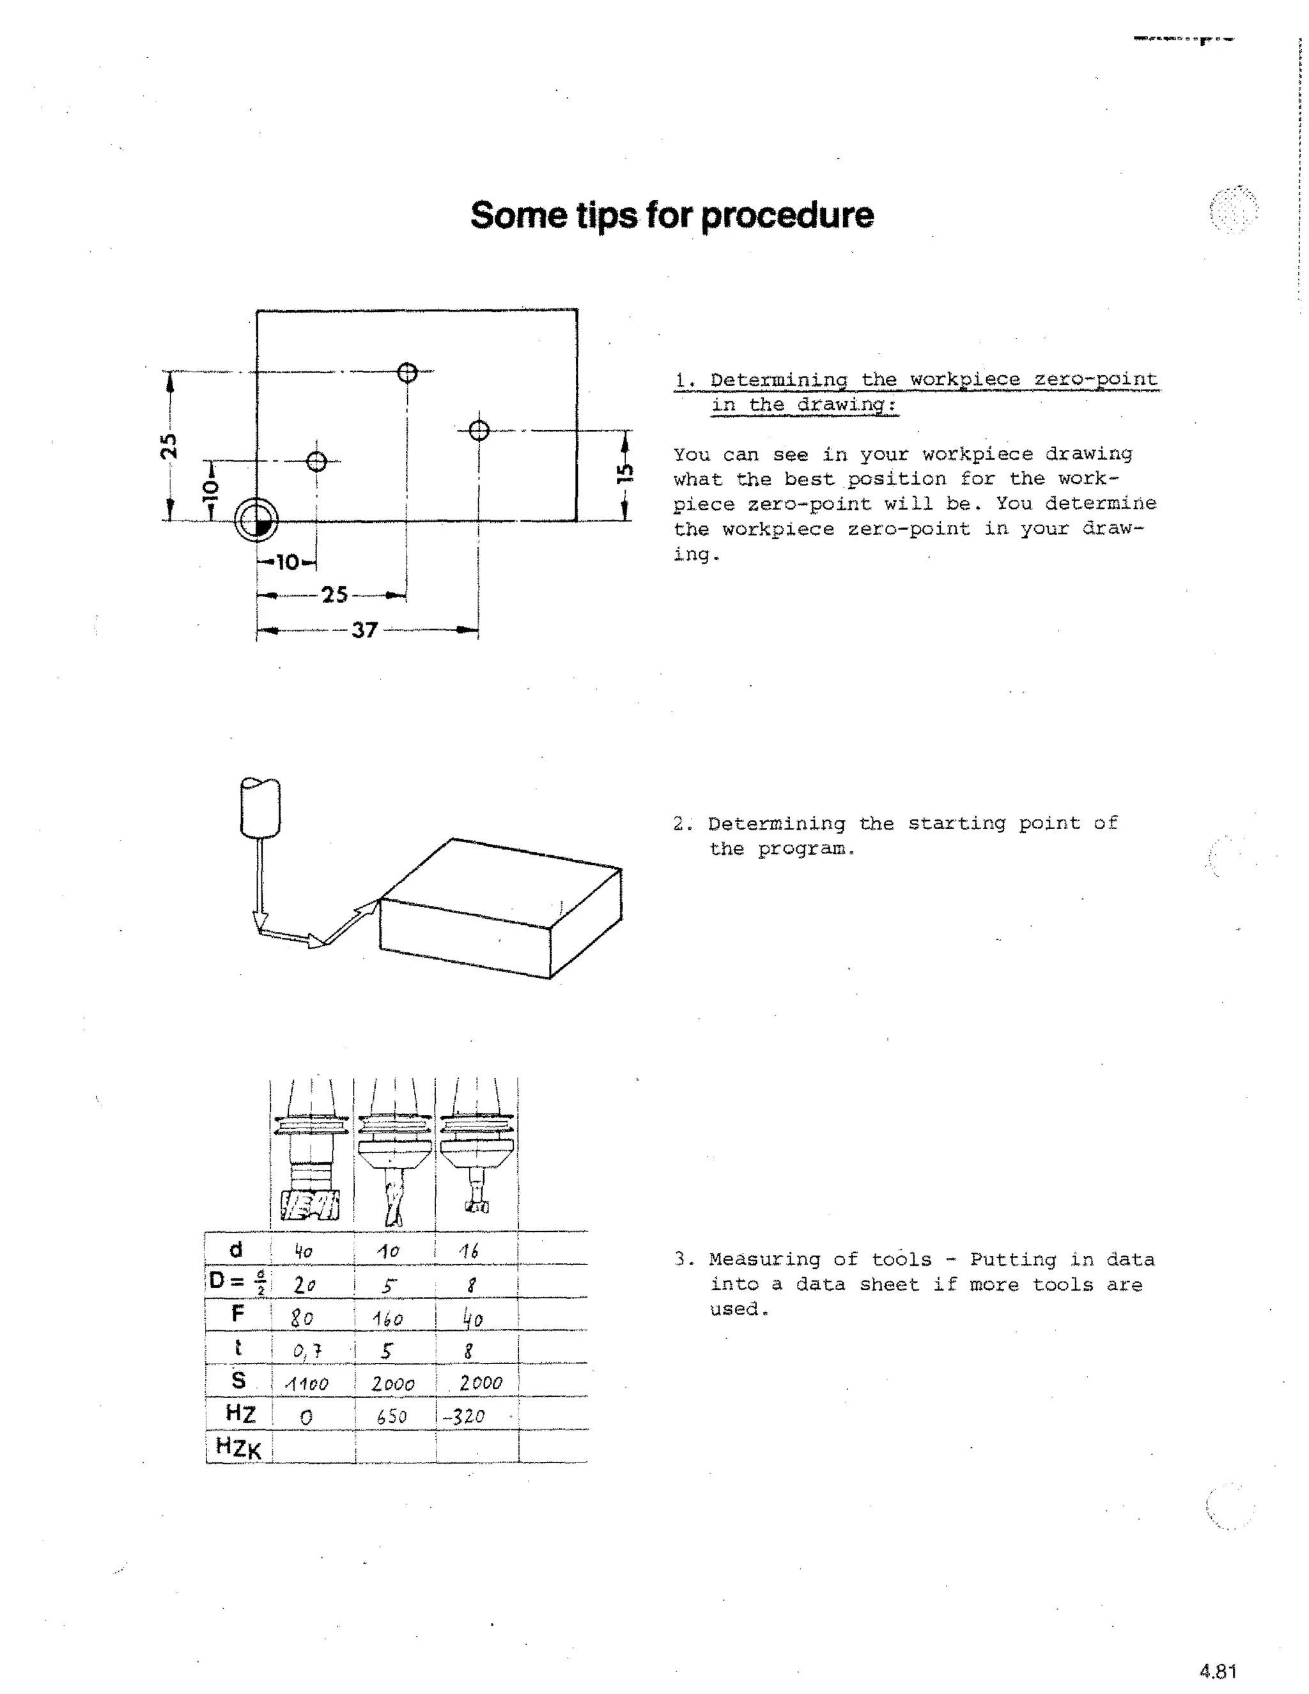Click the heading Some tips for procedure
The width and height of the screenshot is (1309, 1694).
[672, 215]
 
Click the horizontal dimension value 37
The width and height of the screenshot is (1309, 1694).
[364, 630]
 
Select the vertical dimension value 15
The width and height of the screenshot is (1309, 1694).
[625, 473]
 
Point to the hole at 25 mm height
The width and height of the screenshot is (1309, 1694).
[407, 373]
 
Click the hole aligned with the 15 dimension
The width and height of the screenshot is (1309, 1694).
[479, 430]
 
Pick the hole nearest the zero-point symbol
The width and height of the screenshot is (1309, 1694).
[316, 462]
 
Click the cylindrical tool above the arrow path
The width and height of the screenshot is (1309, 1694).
[261, 807]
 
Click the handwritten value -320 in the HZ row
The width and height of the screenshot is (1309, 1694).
[465, 1417]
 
